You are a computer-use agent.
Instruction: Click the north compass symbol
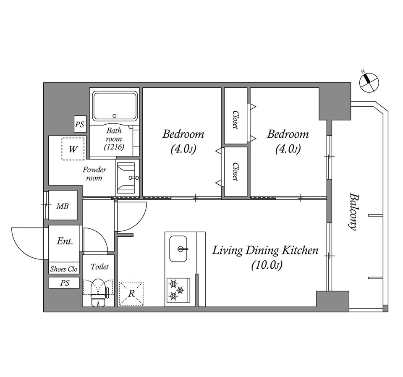[x=369, y=82]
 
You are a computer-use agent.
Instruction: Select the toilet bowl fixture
[x=98, y=293]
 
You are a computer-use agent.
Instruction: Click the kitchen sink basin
[x=178, y=249]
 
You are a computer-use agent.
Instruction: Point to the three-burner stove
[x=178, y=290]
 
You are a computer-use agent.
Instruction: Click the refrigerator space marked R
[x=131, y=293]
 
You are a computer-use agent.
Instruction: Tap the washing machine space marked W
[x=73, y=149]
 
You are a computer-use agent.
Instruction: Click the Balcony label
[x=353, y=212]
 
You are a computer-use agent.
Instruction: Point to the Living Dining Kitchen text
[x=265, y=250]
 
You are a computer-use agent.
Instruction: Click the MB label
[x=63, y=206]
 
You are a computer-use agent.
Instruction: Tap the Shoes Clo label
[x=64, y=269]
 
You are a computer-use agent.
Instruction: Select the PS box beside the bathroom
[x=80, y=124]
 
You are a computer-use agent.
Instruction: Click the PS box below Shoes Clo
[x=64, y=283]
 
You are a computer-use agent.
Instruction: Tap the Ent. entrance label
[x=65, y=241]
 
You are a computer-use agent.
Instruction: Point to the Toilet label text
[x=99, y=267]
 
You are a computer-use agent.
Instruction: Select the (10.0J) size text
[x=267, y=265]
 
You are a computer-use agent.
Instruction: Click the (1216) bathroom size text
[x=114, y=147]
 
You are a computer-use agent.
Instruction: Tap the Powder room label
[x=94, y=173]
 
